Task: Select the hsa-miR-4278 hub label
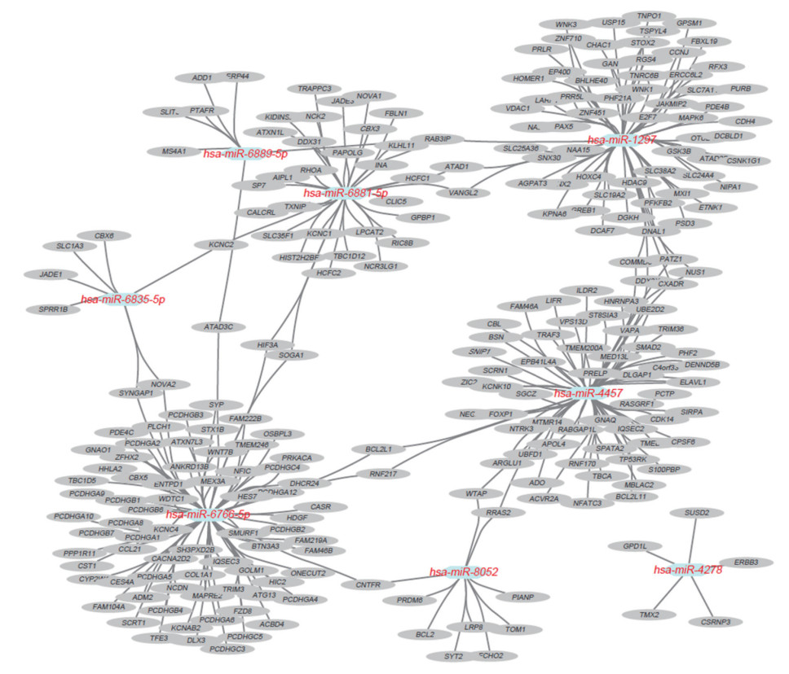click(x=687, y=571)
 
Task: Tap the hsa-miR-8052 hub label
click(x=464, y=573)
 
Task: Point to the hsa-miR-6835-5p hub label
click(x=122, y=300)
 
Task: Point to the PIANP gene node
click(x=522, y=597)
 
